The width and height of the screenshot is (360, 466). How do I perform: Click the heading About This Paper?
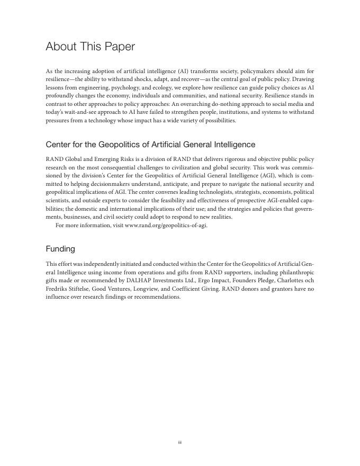pos(90,47)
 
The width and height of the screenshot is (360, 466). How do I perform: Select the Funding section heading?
pos(60,249)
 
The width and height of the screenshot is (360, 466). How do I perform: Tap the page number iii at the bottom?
pos(180,443)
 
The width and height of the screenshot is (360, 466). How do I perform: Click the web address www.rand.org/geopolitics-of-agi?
pos(166,225)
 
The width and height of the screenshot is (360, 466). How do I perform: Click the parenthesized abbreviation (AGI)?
pos(267,175)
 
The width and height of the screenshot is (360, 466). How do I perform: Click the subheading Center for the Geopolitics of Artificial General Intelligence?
pos(150,145)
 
